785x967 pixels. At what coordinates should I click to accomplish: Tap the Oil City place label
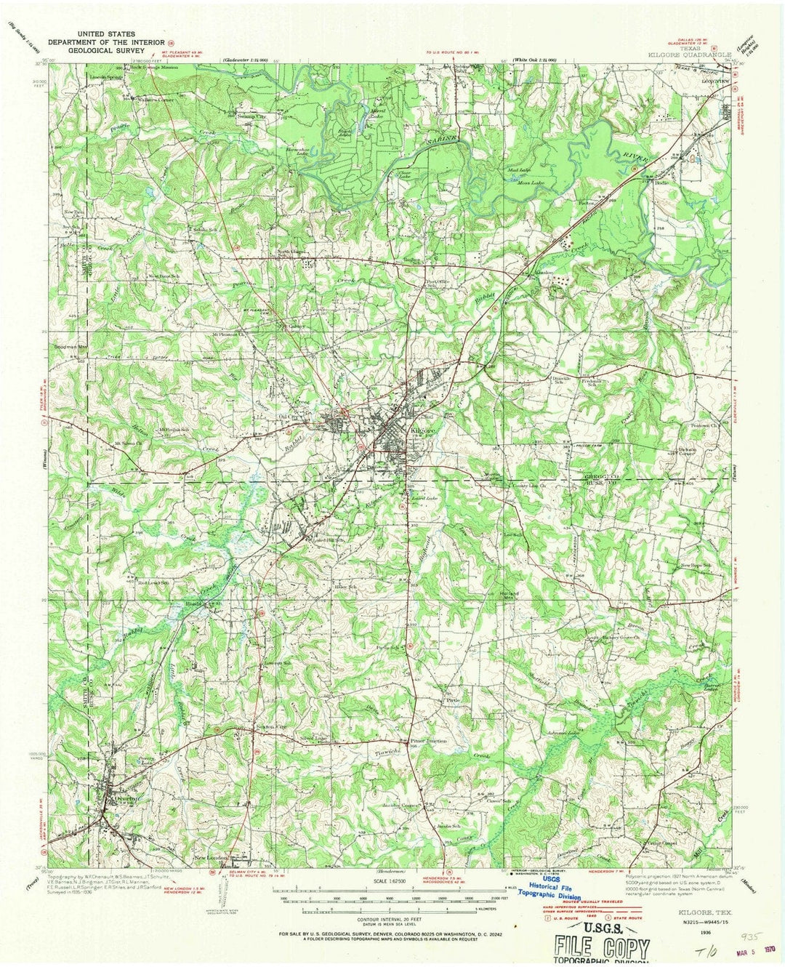[x=291, y=416]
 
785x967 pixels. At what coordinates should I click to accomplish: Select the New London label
[x=212, y=858]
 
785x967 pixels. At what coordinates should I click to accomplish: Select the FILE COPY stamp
[x=602, y=948]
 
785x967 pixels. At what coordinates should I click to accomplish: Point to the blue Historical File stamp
[x=554, y=887]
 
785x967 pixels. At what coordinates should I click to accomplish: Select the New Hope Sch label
[x=694, y=565]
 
